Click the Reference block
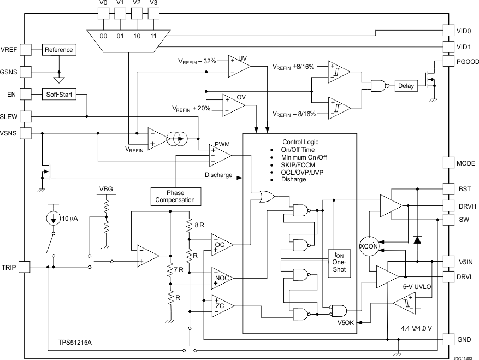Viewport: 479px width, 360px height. [x=58, y=50]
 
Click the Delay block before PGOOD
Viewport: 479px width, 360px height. [x=405, y=86]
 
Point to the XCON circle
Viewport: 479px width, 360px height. [x=369, y=246]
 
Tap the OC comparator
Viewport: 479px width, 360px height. [x=221, y=244]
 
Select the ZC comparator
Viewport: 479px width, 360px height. [x=221, y=306]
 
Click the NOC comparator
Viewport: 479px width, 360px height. [x=221, y=278]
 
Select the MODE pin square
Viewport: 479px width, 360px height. [x=448, y=163]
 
